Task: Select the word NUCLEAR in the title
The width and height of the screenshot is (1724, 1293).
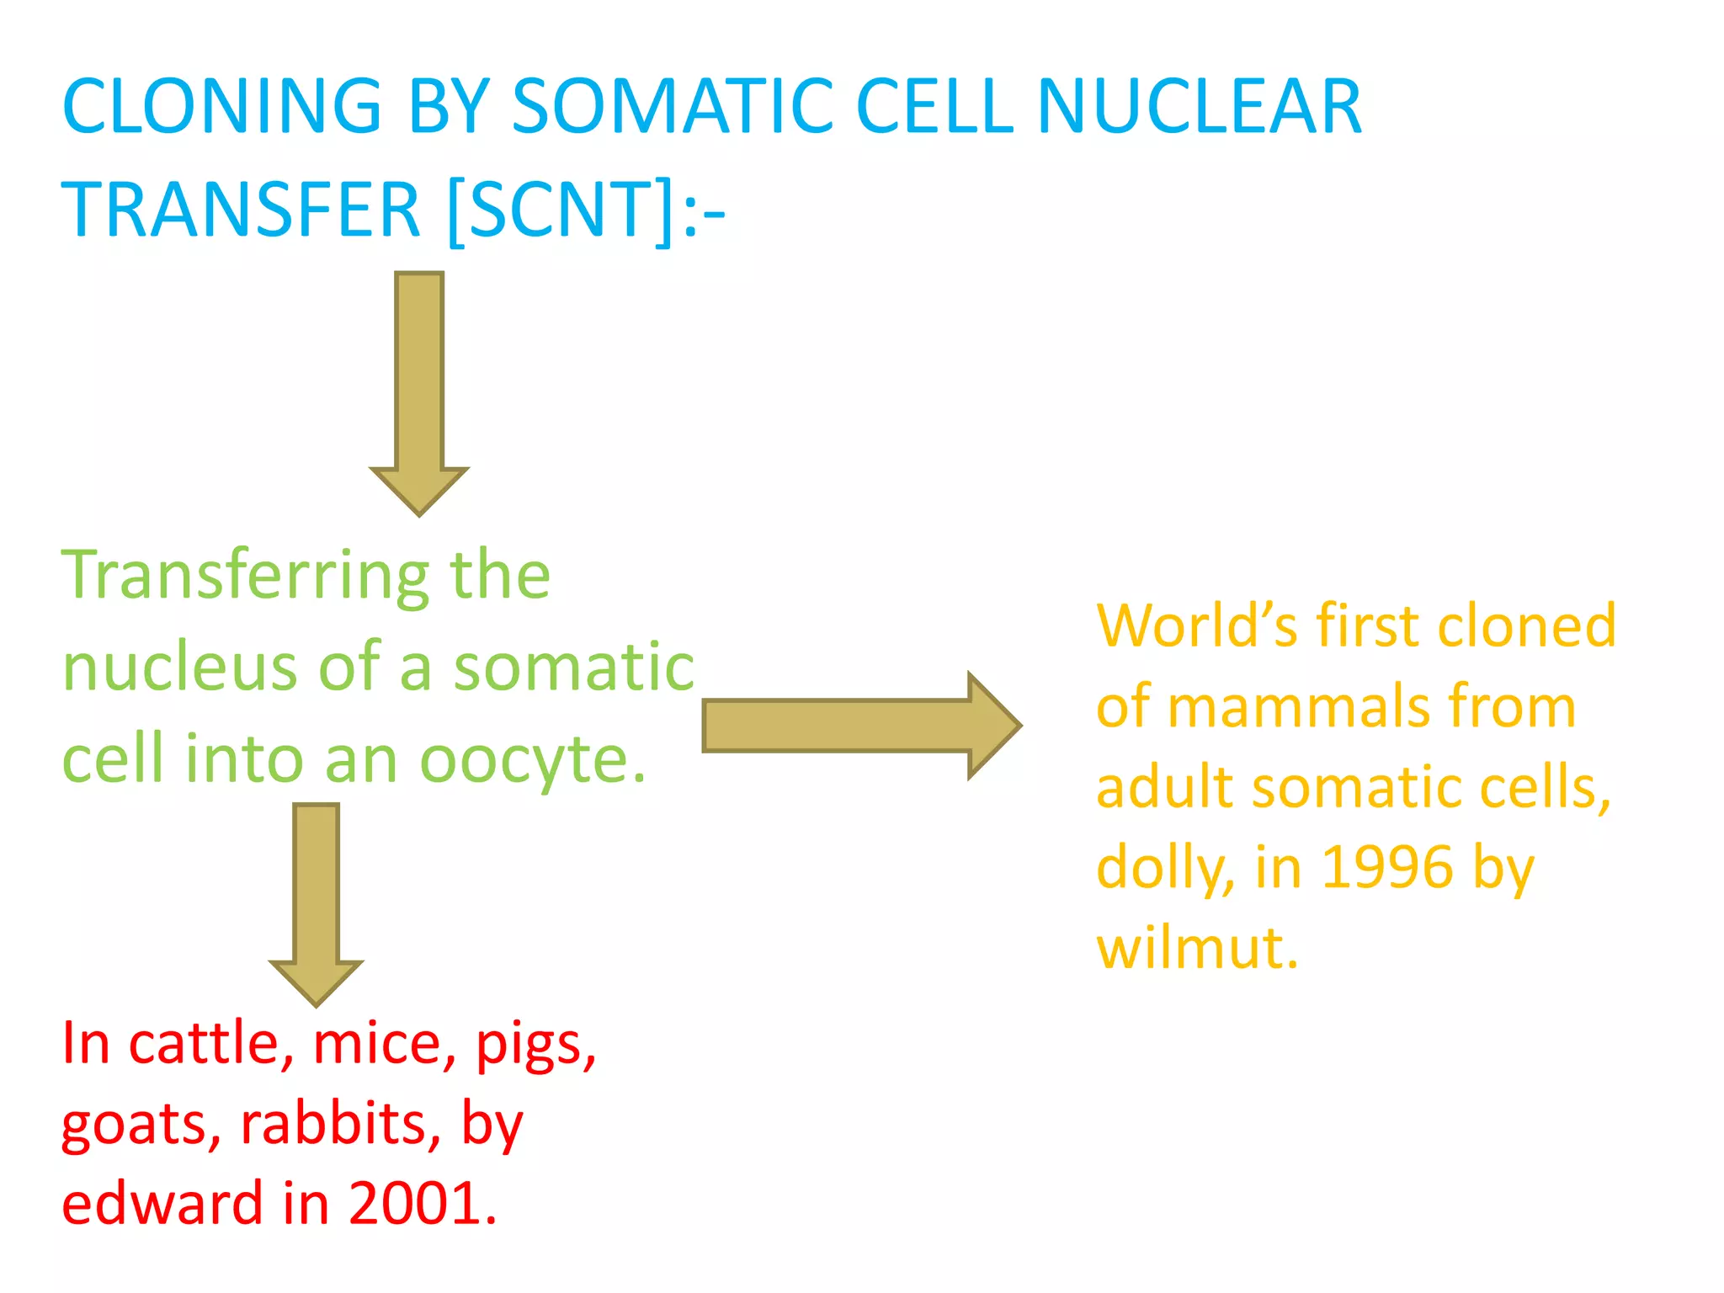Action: (1199, 107)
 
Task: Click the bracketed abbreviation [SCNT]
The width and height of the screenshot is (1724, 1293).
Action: (561, 210)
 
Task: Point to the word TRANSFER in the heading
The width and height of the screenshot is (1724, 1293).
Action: (241, 210)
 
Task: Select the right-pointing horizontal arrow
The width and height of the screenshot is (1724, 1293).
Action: (859, 726)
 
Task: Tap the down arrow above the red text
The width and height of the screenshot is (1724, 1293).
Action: (317, 902)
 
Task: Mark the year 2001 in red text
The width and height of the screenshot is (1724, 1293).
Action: (421, 1203)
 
